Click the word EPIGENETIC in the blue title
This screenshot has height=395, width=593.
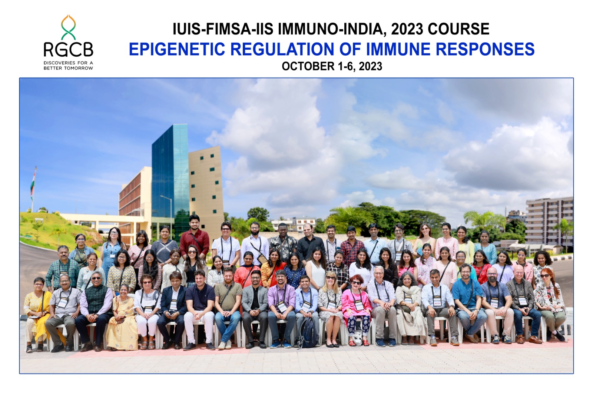[177, 49]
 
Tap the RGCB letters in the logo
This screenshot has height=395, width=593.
[68, 50]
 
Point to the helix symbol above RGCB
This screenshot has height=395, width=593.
[68, 27]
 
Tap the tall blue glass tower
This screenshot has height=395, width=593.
[170, 175]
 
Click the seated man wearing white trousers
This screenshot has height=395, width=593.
[200, 308]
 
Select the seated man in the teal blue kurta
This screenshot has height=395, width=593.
[468, 305]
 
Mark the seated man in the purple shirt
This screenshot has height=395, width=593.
[281, 307]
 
